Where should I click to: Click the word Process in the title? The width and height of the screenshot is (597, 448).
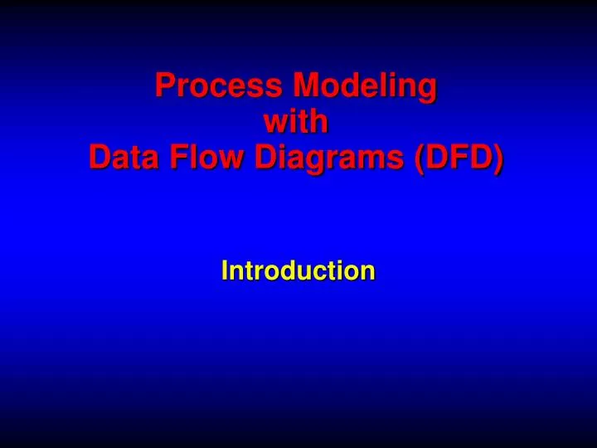(216, 85)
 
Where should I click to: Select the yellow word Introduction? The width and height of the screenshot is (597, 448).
(298, 270)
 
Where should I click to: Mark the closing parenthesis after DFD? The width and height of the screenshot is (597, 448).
(497, 158)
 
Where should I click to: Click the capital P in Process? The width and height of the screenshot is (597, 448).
(165, 85)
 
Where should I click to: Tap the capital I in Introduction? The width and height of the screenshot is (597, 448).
(224, 270)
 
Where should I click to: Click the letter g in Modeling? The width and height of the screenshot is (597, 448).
(426, 88)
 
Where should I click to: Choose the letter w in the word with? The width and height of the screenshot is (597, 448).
(274, 123)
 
